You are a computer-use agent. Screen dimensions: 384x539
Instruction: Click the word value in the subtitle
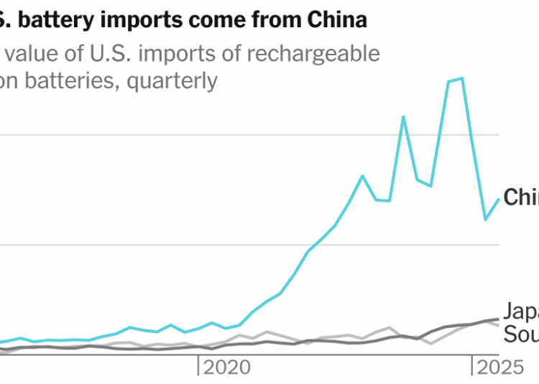pyautogui.click(x=32, y=54)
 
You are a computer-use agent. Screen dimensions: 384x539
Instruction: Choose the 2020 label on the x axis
pyautogui.click(x=227, y=368)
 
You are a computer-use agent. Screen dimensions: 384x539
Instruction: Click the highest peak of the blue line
pyautogui.click(x=461, y=78)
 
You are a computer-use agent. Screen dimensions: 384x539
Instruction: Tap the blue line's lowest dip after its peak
pyautogui.click(x=485, y=219)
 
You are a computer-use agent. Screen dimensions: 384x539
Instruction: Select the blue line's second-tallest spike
pyautogui.click(x=403, y=116)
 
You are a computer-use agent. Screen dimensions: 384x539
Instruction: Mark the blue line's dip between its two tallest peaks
pyautogui.click(x=430, y=186)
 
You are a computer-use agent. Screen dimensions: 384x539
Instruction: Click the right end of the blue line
pyautogui.click(x=499, y=200)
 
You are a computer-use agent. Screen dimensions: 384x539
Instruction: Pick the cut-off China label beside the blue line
pyautogui.click(x=521, y=197)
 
